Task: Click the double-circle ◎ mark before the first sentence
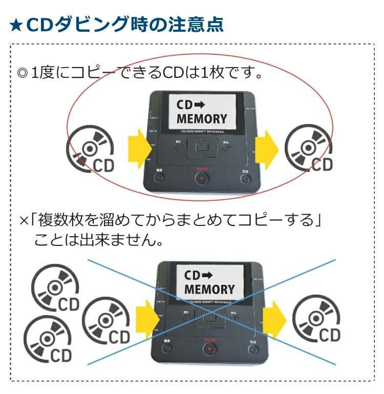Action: [22, 73]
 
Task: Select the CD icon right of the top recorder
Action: [309, 149]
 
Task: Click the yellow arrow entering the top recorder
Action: [136, 148]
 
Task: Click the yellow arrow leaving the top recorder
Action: [267, 147]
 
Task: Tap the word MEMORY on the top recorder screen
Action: [202, 119]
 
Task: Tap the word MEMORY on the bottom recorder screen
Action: [209, 289]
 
